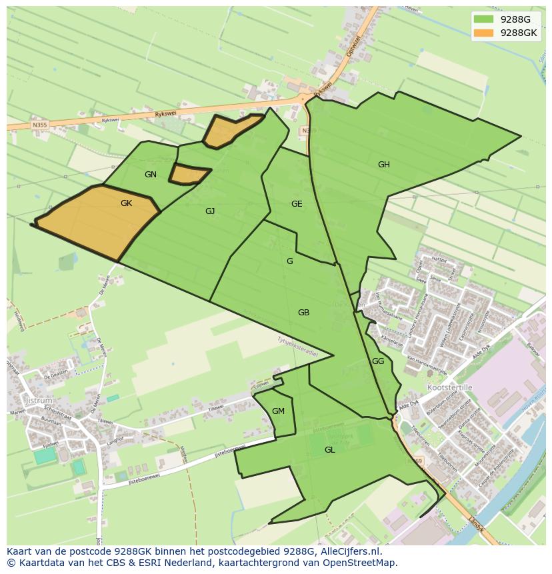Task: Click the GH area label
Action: pos(383,165)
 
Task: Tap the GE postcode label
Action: pos(297,204)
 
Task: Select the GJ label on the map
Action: pos(210,211)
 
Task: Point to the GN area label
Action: pos(151,175)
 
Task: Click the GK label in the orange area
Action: pos(126,203)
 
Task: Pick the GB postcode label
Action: pos(303,313)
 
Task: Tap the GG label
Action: pos(378,361)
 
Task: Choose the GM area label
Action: pos(278,411)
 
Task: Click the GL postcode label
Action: pos(329,450)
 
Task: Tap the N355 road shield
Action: pos(39,125)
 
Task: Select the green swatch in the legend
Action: pos(484,19)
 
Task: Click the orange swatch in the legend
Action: pos(484,33)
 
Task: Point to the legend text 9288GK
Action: pos(519,33)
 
